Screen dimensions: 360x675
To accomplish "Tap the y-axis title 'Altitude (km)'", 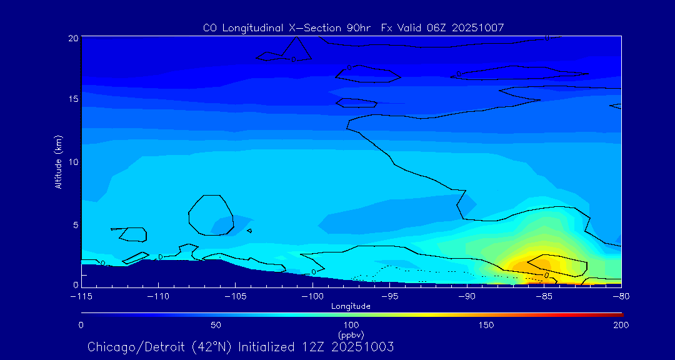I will (58, 162).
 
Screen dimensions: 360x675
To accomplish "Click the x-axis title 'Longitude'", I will (351, 306).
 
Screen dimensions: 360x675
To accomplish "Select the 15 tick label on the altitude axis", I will (73, 99).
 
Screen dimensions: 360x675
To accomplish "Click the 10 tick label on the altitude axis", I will (73, 162).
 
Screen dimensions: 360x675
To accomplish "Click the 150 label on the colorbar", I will (486, 325).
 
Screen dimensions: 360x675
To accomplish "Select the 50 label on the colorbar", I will (216, 325).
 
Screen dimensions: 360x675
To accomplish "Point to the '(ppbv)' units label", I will (351, 335).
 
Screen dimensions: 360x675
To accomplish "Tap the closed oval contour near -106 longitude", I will (211, 215).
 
